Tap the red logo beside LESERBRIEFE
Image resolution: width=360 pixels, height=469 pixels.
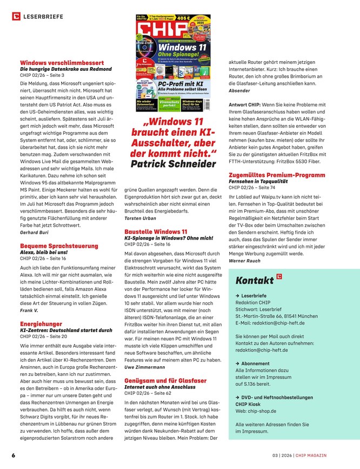tap(16, 17)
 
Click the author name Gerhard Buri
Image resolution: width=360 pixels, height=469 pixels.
tap(35, 232)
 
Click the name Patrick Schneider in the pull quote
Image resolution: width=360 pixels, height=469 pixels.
tap(173, 164)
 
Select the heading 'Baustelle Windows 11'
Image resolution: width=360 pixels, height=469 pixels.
tap(156, 232)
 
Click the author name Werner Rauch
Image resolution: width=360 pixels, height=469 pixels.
tap(244, 260)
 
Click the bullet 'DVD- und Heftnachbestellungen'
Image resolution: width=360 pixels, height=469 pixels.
tap(277, 397)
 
